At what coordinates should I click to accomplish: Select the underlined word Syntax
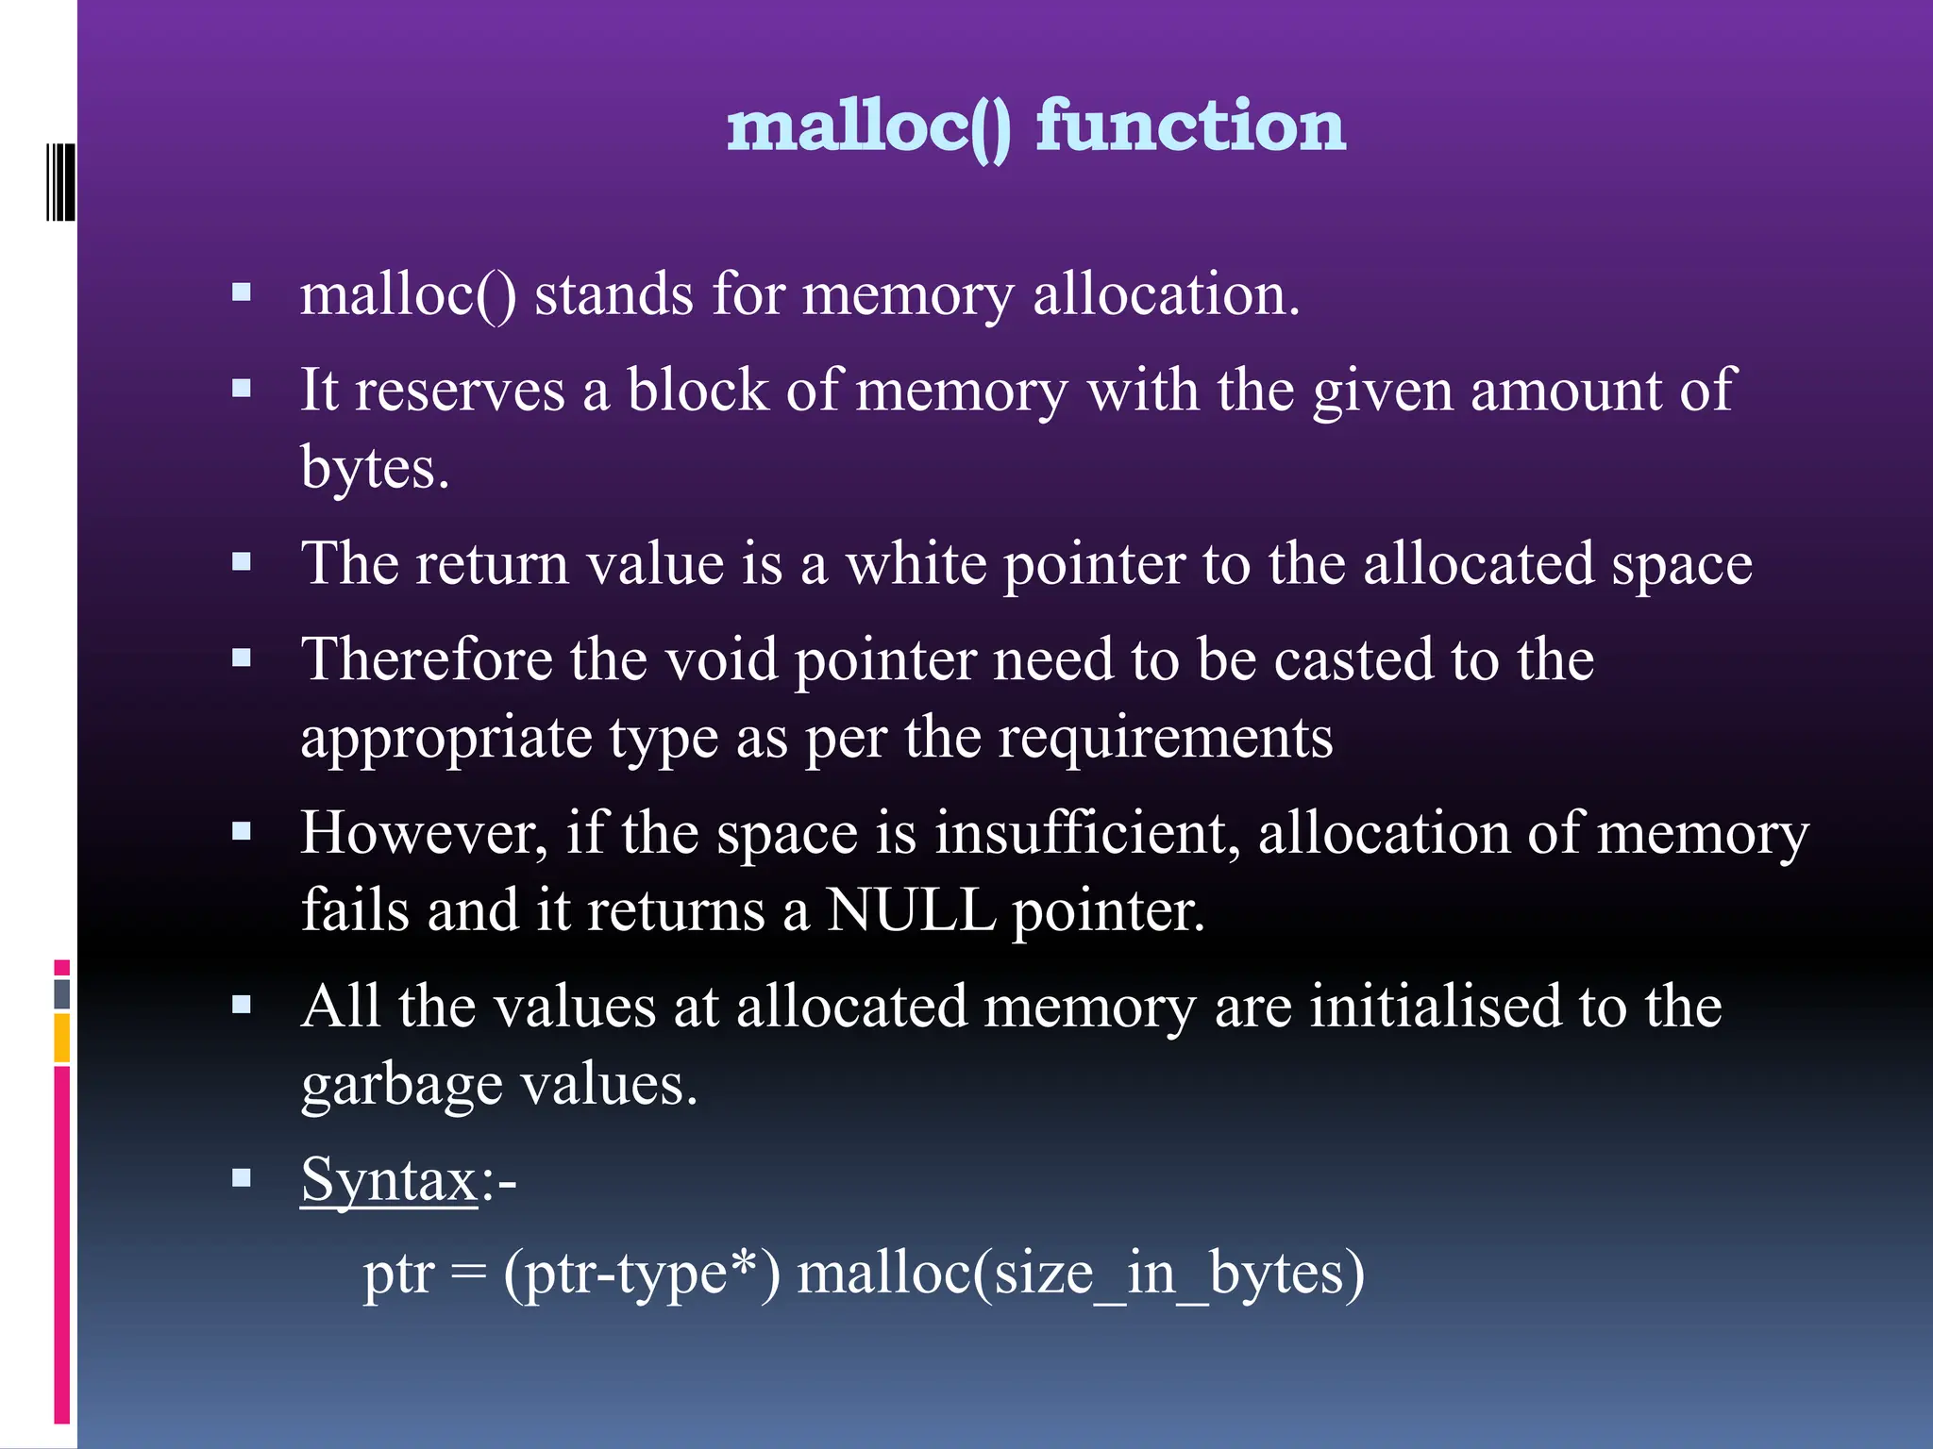point(389,1179)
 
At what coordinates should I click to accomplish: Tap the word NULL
point(910,910)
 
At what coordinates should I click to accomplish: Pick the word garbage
point(401,1086)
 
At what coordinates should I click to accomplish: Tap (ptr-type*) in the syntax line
point(642,1273)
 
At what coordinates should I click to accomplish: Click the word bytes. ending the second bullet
point(374,468)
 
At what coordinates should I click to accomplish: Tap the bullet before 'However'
point(242,832)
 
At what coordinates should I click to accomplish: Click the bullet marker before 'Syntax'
point(242,1177)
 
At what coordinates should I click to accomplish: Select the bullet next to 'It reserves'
point(242,389)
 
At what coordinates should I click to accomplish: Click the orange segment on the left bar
point(61,1038)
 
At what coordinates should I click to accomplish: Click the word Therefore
point(427,659)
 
